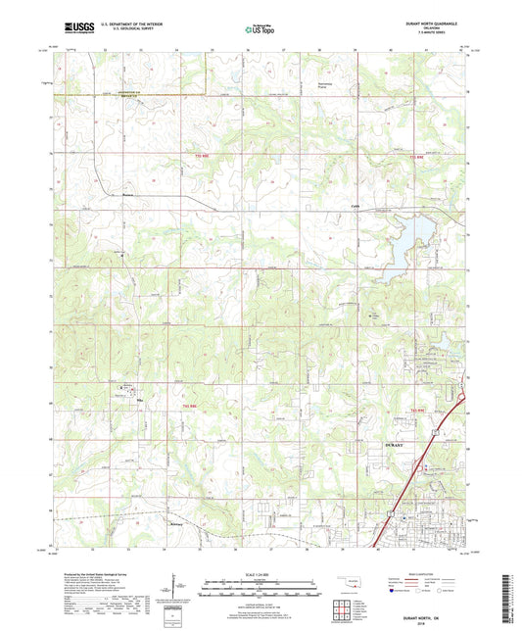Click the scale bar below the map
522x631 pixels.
click(261, 590)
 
